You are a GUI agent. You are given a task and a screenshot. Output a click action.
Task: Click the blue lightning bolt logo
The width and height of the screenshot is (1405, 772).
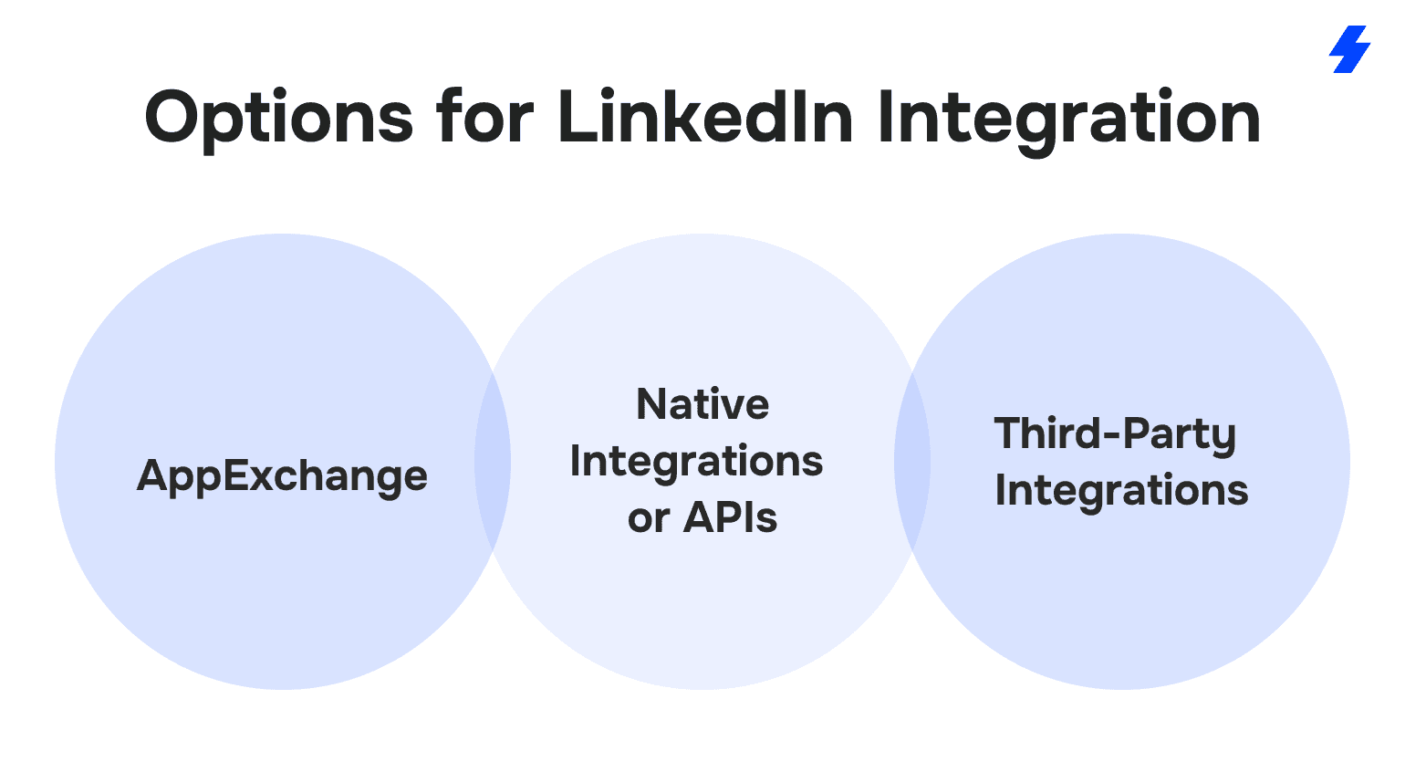click(x=1349, y=49)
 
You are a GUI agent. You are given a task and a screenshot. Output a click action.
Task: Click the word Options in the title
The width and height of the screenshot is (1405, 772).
click(x=278, y=120)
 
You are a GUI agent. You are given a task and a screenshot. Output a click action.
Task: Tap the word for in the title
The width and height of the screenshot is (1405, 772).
click(x=485, y=116)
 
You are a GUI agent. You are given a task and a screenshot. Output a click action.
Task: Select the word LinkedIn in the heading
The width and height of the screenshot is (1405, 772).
click(x=705, y=116)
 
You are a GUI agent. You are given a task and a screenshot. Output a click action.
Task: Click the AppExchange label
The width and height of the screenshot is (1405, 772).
click(x=282, y=476)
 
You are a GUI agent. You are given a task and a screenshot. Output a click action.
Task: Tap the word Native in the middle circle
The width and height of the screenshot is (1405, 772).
click(x=702, y=404)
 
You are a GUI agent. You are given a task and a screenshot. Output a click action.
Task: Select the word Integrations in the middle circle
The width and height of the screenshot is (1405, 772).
click(x=696, y=463)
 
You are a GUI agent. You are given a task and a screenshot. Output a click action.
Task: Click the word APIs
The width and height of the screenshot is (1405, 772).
click(x=730, y=518)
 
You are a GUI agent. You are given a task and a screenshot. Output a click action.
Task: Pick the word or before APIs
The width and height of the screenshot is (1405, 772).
click(x=649, y=520)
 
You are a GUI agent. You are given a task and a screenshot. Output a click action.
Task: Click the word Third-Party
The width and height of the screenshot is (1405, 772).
click(x=1115, y=435)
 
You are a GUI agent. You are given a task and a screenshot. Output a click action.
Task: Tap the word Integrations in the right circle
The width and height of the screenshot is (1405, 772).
click(x=1121, y=492)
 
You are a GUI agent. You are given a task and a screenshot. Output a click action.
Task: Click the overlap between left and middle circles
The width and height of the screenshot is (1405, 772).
click(x=493, y=463)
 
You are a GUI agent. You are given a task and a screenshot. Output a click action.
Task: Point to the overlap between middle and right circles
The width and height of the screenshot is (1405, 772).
click(x=912, y=463)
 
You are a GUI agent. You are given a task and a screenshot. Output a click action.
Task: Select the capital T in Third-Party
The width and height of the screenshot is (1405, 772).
click(x=1010, y=433)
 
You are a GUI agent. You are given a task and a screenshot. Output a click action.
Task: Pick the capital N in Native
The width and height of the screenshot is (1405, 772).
click(x=651, y=404)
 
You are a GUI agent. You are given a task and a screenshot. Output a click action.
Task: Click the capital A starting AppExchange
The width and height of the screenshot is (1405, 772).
click(x=153, y=475)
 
